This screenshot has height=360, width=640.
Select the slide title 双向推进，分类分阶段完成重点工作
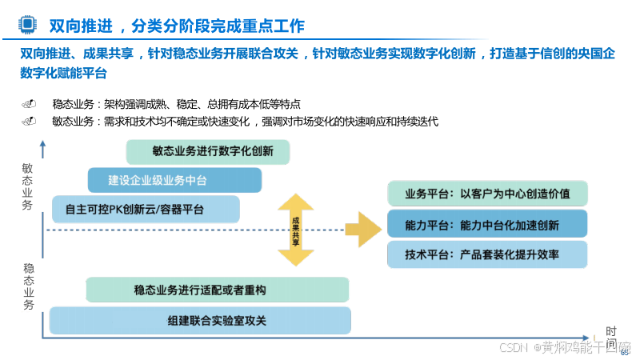pyautogui.click(x=177, y=26)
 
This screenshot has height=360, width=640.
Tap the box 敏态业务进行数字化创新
pyautogui.click(x=207, y=151)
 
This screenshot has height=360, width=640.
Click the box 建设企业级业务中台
pyautogui.click(x=174, y=180)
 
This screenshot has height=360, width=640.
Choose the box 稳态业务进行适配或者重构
pyautogui.click(x=217, y=290)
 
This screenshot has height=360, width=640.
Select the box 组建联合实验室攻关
pyautogui.click(x=200, y=320)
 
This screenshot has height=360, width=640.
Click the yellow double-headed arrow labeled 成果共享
pyautogui.click(x=295, y=230)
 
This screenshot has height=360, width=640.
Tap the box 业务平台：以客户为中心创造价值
pyautogui.click(x=487, y=194)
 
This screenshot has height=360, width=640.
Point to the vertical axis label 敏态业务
pyautogui.click(x=27, y=187)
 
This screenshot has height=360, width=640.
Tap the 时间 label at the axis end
pyautogui.click(x=611, y=337)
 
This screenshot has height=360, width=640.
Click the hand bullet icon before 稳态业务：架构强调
pyautogui.click(x=30, y=104)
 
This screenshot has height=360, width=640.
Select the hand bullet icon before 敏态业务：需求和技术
pyautogui.click(x=30, y=122)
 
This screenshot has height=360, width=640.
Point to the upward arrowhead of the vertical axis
pyautogui.click(x=42, y=146)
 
